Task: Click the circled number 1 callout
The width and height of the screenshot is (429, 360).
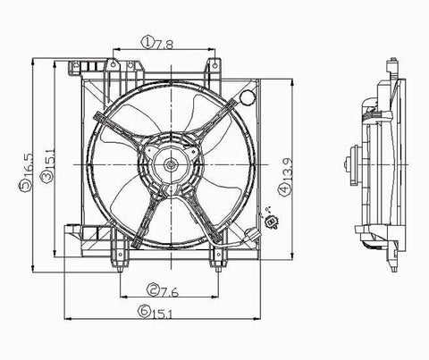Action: (x=147, y=43)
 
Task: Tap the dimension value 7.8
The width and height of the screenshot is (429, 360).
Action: (x=164, y=45)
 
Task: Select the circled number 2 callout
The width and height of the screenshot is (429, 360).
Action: (x=153, y=289)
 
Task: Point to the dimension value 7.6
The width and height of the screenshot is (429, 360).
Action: (x=169, y=293)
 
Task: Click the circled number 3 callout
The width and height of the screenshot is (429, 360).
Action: (x=46, y=177)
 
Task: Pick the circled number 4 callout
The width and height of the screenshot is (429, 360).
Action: (x=284, y=189)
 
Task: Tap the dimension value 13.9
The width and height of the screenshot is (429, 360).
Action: (x=287, y=170)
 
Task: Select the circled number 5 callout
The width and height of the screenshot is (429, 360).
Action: (x=25, y=187)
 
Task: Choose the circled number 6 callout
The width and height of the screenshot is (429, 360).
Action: (x=144, y=311)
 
